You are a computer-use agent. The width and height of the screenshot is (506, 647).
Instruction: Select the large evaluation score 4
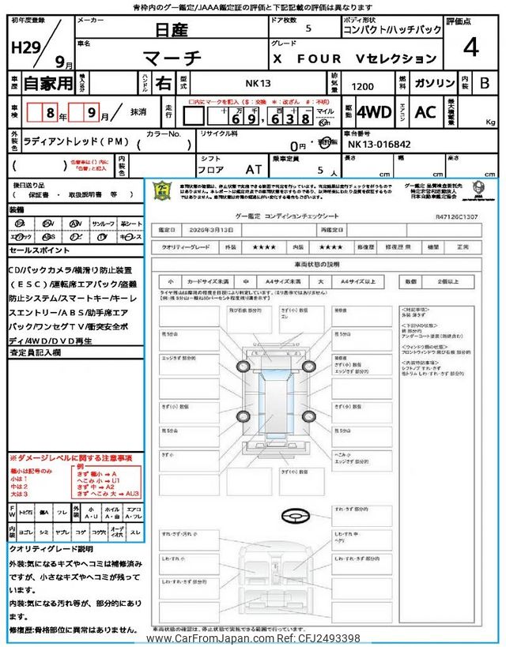[471, 49]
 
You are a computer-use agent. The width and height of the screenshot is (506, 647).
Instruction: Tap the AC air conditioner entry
[425, 112]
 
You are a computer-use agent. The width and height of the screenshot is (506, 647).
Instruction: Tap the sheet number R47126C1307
[459, 214]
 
